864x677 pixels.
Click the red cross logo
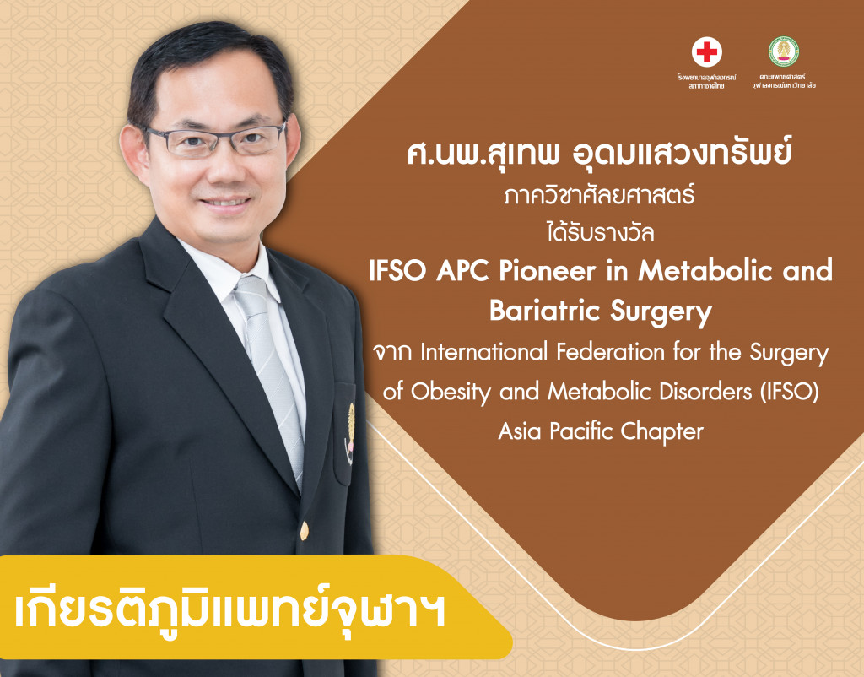(707, 52)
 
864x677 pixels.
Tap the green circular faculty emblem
(784, 51)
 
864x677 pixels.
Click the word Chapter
(661, 431)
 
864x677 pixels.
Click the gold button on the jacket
(304, 530)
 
